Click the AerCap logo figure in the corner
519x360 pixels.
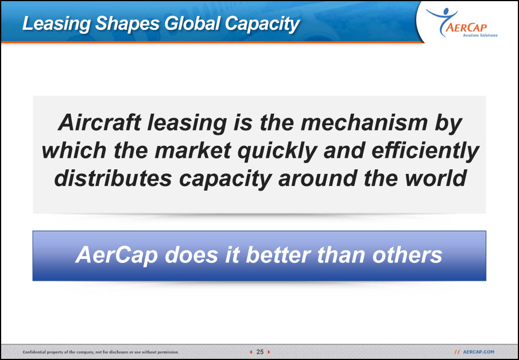[x=442, y=21]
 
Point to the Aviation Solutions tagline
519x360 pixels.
[x=479, y=35]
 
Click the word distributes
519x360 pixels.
[x=113, y=178]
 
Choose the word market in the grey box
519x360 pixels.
[x=193, y=150]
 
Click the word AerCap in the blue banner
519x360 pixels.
[x=117, y=256]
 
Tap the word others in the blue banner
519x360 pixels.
[x=407, y=255]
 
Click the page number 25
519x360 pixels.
[x=260, y=352]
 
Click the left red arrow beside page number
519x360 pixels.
[x=251, y=352]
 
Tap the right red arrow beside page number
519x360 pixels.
[x=269, y=352]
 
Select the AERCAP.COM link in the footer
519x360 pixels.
[x=478, y=352]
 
